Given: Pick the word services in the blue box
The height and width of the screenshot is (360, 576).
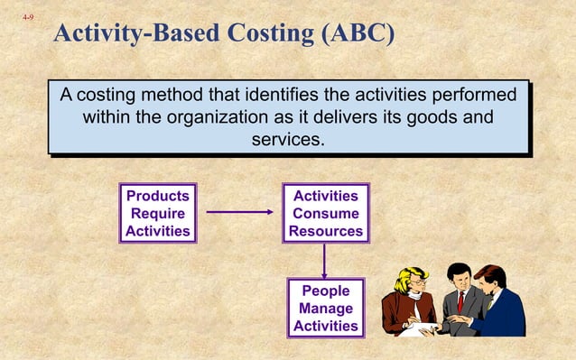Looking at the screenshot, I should (288, 141).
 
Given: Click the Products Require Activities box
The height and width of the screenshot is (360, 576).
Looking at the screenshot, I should (158, 214).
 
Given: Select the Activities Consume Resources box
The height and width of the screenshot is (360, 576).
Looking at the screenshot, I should (325, 214).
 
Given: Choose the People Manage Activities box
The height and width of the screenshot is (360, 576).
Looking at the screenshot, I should (325, 309).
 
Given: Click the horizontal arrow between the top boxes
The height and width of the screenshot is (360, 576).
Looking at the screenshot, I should (239, 213).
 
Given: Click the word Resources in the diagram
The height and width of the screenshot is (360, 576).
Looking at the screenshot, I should (326, 232).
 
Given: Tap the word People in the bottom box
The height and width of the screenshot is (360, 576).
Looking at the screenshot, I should (325, 291).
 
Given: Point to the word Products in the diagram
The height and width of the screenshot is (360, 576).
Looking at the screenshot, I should (158, 196).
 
